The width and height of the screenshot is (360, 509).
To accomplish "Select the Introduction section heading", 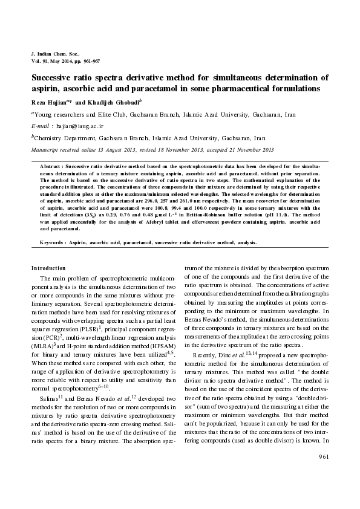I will [48, 267].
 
